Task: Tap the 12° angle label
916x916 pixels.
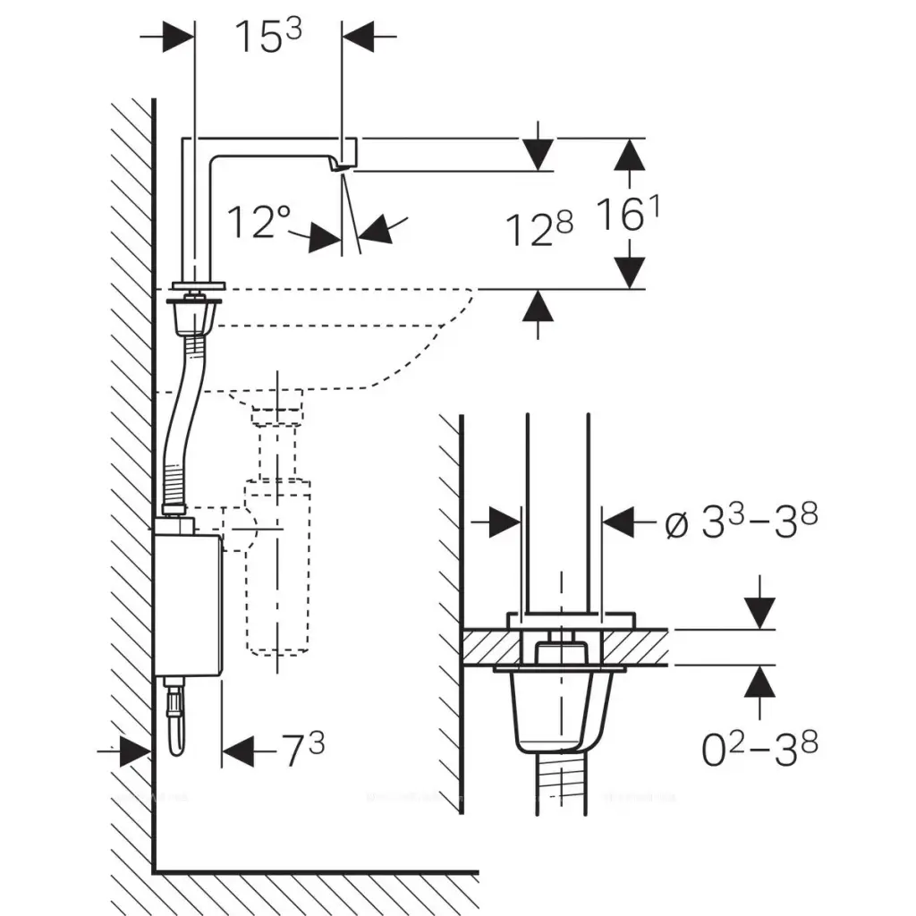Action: pyautogui.click(x=259, y=222)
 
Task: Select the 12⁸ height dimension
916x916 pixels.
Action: pyautogui.click(x=539, y=231)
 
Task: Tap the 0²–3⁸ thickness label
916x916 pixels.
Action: pyautogui.click(x=759, y=748)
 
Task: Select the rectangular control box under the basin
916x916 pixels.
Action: pyautogui.click(x=187, y=605)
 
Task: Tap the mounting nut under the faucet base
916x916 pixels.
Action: pyautogui.click(x=192, y=315)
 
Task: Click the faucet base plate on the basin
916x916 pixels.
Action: pyautogui.click(x=200, y=286)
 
